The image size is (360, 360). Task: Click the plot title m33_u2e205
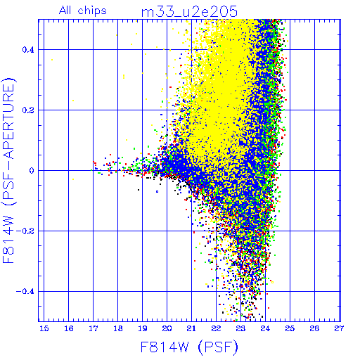coord(189,12)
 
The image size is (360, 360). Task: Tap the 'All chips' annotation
coord(83,11)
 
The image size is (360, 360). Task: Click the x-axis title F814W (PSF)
coord(189,347)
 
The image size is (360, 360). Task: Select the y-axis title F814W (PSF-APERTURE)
coord(8,170)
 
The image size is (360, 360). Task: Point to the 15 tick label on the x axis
coord(44,328)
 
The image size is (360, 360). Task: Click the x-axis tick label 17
coord(94,328)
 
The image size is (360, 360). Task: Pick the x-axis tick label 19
coord(143,328)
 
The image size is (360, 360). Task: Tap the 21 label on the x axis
coord(191,328)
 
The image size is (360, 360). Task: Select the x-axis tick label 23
coord(240,328)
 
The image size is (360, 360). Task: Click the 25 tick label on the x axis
coord(290,328)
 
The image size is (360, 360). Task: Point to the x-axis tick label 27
coord(339,328)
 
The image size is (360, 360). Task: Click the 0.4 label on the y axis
coord(28,50)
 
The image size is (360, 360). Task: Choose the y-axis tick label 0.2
coord(28,110)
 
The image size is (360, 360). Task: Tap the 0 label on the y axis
coord(32,171)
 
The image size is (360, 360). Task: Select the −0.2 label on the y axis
coord(25,231)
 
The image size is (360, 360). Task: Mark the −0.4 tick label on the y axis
coord(25,292)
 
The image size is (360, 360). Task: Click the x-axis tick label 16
coord(69,328)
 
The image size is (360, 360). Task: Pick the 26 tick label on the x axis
coord(314,328)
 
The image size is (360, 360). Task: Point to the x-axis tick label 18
coord(118,328)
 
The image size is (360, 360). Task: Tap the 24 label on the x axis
coord(265,328)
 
